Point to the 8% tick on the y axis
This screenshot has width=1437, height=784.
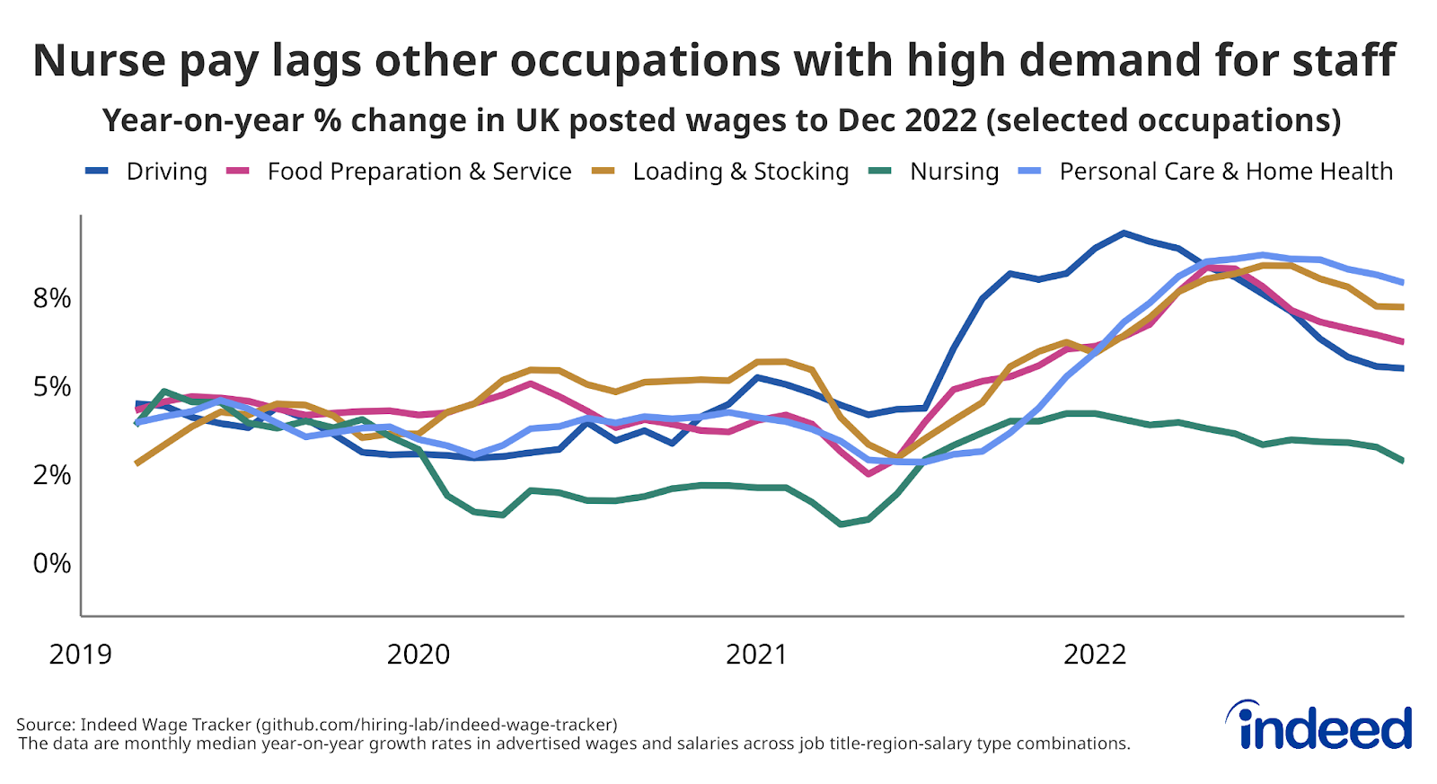pyautogui.click(x=52, y=298)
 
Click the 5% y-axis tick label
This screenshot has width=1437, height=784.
pyautogui.click(x=52, y=387)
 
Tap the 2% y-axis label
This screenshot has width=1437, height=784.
pyautogui.click(x=52, y=475)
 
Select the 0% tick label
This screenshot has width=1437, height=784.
pyautogui.click(x=52, y=563)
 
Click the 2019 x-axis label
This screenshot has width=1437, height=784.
pyautogui.click(x=81, y=655)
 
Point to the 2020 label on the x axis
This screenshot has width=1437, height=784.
pyautogui.click(x=419, y=655)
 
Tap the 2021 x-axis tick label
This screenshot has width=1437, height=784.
pyautogui.click(x=756, y=655)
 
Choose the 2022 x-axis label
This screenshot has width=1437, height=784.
pyautogui.click(x=1095, y=655)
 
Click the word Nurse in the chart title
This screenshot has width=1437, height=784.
pyautogui.click(x=100, y=61)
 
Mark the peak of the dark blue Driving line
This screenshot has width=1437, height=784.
pyautogui.click(x=1124, y=233)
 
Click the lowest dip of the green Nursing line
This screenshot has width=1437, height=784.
pyautogui.click(x=841, y=524)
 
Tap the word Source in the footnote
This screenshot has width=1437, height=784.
pyautogui.click(x=44, y=724)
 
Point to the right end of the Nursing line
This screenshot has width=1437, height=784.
pyautogui.click(x=1402, y=461)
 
